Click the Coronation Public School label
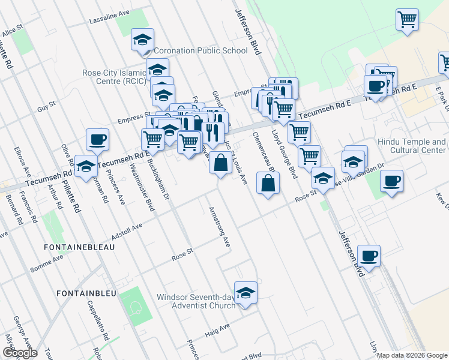(x=200, y=51)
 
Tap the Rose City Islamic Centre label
(x=115, y=77)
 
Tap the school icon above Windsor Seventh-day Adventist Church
(x=246, y=293)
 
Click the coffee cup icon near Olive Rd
(x=97, y=140)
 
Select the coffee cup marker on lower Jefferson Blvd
(x=369, y=256)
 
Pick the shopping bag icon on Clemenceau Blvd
(x=268, y=184)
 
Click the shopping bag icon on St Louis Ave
(x=220, y=163)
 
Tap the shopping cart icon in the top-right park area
(x=407, y=19)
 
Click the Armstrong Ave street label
(x=219, y=227)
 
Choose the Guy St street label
(x=46, y=109)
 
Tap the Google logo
(x=19, y=352)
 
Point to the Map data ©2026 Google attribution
(x=412, y=355)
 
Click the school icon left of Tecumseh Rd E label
(x=85, y=166)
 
